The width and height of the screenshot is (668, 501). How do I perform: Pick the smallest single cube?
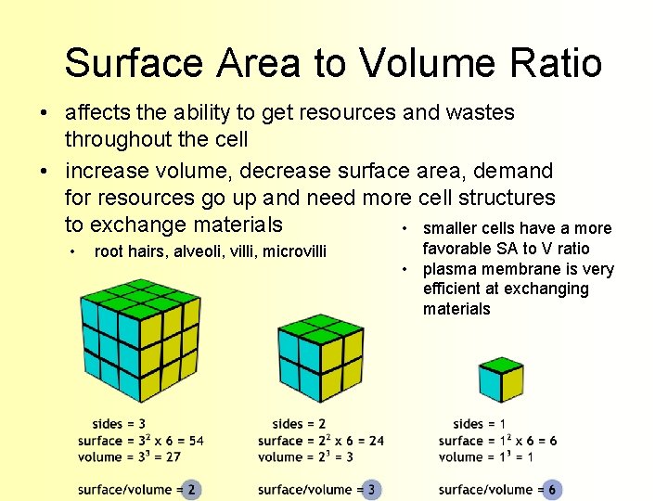point(501,379)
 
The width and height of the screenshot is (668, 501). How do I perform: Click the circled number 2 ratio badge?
point(191,489)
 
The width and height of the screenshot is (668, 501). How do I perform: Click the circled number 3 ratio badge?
point(371,489)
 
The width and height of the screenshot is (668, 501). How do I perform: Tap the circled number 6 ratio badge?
point(552,489)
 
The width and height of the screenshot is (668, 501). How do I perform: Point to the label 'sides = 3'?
point(119,424)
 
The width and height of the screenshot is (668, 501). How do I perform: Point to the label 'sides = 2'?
point(300,424)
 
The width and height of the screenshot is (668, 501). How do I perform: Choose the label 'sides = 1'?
point(480,424)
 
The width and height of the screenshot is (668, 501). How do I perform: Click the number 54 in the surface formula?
point(196,441)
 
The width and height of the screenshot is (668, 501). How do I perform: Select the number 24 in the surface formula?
point(376,441)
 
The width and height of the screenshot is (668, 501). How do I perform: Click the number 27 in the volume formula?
point(172,456)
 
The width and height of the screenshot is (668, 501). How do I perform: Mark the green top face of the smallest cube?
point(501,365)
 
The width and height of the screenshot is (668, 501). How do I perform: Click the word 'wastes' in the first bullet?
point(482,113)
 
